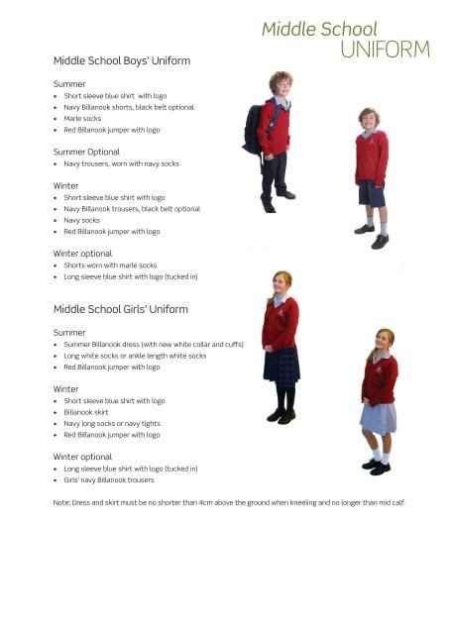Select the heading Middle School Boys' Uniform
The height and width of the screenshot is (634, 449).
121,61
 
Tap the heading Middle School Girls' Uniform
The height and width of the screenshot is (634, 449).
120,309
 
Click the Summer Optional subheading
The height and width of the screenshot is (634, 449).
85,152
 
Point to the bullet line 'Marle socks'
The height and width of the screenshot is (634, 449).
82,118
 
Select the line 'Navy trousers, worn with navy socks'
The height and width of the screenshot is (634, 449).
121,163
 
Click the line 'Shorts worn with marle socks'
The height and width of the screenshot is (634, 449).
109,264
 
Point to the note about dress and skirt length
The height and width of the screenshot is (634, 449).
229,502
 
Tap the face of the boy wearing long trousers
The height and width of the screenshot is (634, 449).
280,85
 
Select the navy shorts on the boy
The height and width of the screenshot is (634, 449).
372,192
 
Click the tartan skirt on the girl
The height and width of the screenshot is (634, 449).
281,365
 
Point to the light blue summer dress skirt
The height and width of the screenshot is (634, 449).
377,417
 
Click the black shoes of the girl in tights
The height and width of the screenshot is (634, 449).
281,416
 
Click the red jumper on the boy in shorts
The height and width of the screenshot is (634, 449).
372,156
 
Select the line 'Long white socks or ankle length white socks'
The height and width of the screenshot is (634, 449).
135,356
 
